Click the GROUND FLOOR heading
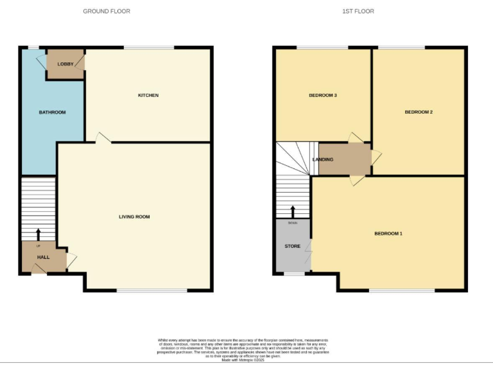107,12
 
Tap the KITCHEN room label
148,96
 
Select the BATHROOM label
52,112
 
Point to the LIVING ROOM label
134,217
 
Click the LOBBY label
65,64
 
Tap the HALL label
43,257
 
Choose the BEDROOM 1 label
388,233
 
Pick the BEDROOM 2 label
418,112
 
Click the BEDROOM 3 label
323,96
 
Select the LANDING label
322,159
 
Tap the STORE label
292,246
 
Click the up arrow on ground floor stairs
37,234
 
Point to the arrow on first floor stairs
293,211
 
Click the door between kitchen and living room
102,137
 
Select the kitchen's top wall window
149,48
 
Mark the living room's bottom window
152,291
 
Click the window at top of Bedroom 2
401,48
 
